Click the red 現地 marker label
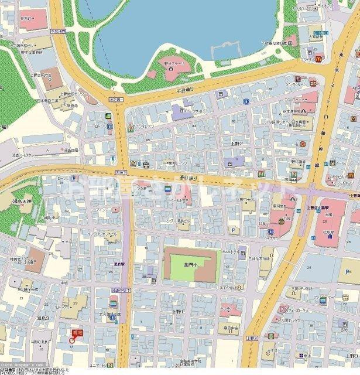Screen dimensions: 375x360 [78, 332]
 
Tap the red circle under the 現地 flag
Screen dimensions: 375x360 [73, 340]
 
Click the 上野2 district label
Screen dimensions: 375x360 [236, 144]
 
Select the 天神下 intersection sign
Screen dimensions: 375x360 [120, 172]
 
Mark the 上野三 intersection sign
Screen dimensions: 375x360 [251, 339]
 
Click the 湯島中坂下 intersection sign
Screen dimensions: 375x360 [119, 290]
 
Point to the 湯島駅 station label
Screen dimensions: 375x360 [120, 264]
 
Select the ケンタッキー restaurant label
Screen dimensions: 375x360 [308, 84]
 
